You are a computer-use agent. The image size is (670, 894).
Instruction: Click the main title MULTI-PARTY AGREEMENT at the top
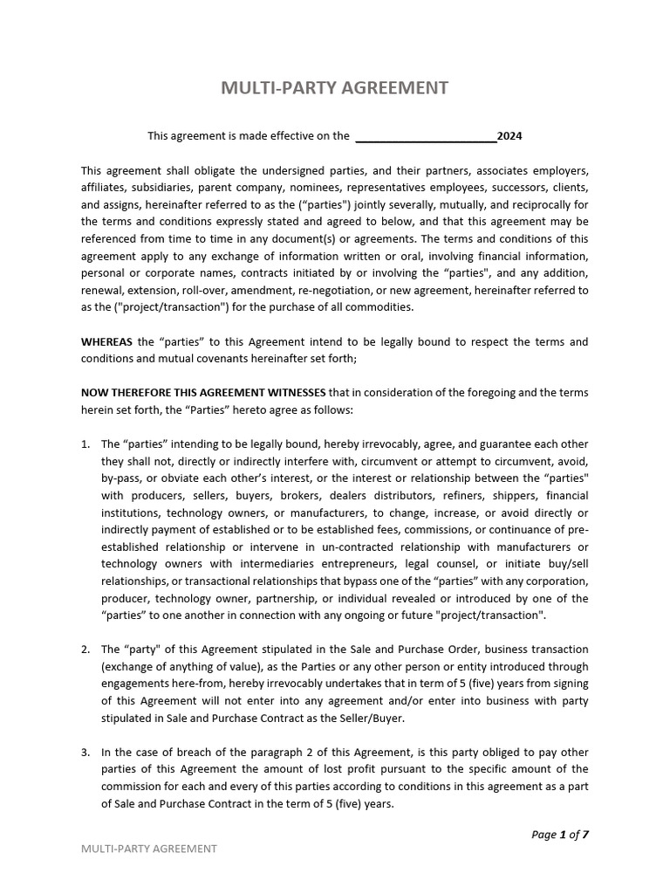335,88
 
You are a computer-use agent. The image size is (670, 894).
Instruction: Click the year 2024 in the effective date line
509,136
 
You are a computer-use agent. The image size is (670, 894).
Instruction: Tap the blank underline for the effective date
426,137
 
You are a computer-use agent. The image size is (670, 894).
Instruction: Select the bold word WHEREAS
107,341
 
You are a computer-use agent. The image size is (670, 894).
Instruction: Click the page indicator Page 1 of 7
559,835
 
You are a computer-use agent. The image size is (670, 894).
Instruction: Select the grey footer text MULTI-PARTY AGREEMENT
148,849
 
